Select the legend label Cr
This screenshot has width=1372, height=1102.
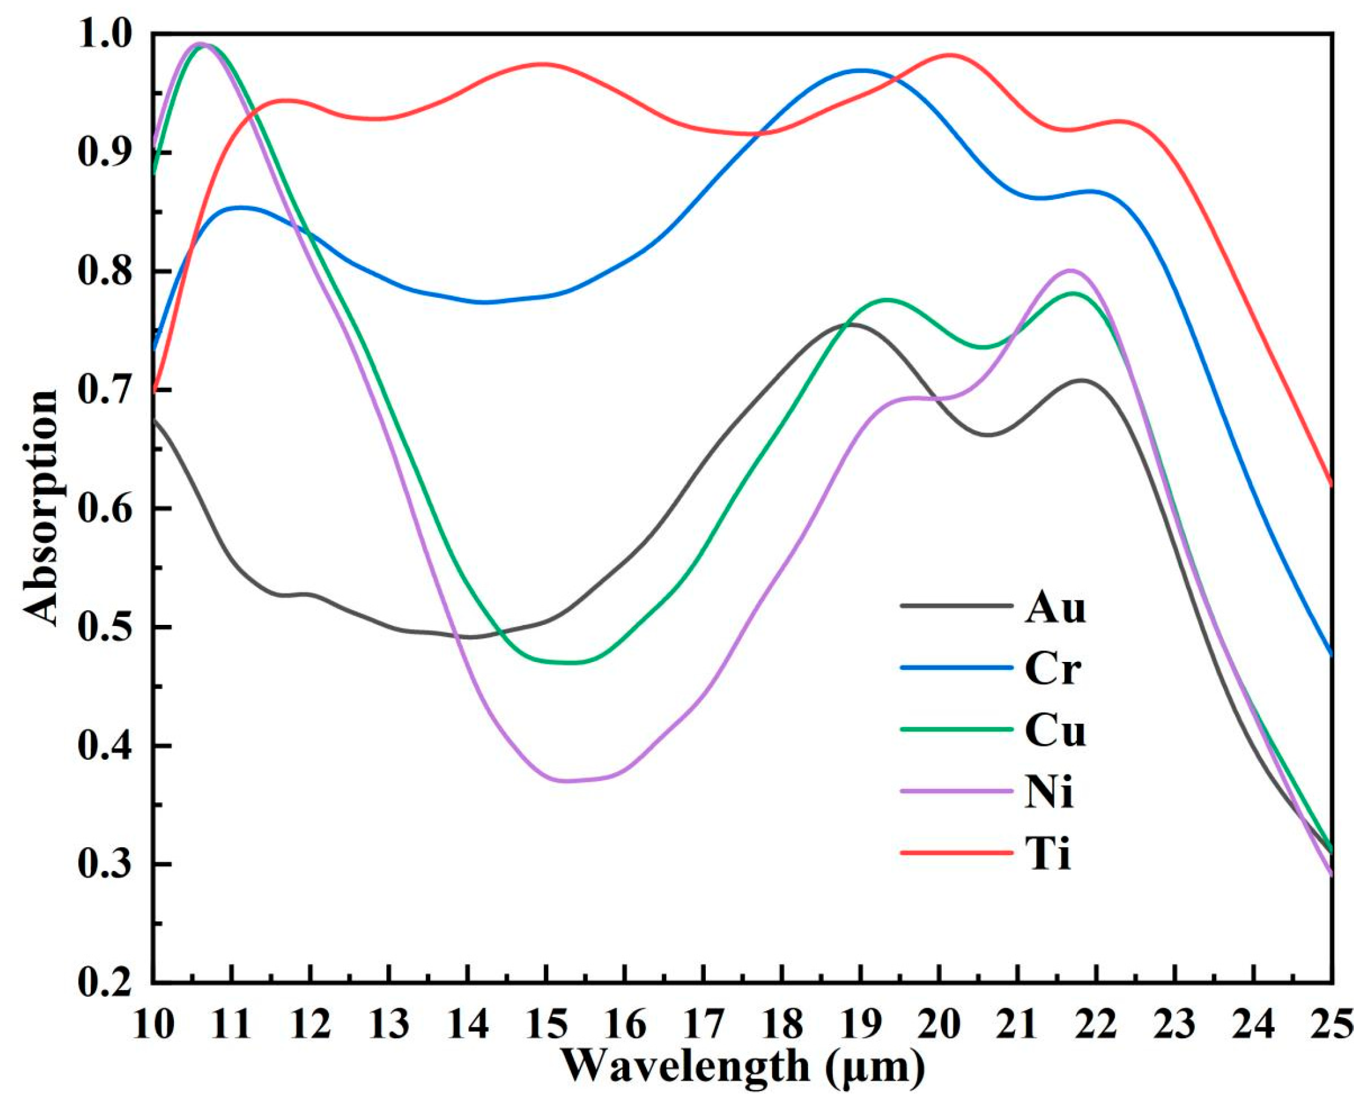click(x=1053, y=669)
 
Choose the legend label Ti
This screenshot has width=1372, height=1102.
click(x=1048, y=854)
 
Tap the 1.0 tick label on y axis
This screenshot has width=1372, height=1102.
click(x=108, y=35)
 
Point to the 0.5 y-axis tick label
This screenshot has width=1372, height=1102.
click(x=108, y=628)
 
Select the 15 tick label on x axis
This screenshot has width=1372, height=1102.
click(x=546, y=1025)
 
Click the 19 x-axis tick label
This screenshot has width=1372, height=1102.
click(x=860, y=1025)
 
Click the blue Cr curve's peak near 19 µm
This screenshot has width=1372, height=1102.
click(x=860, y=70)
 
